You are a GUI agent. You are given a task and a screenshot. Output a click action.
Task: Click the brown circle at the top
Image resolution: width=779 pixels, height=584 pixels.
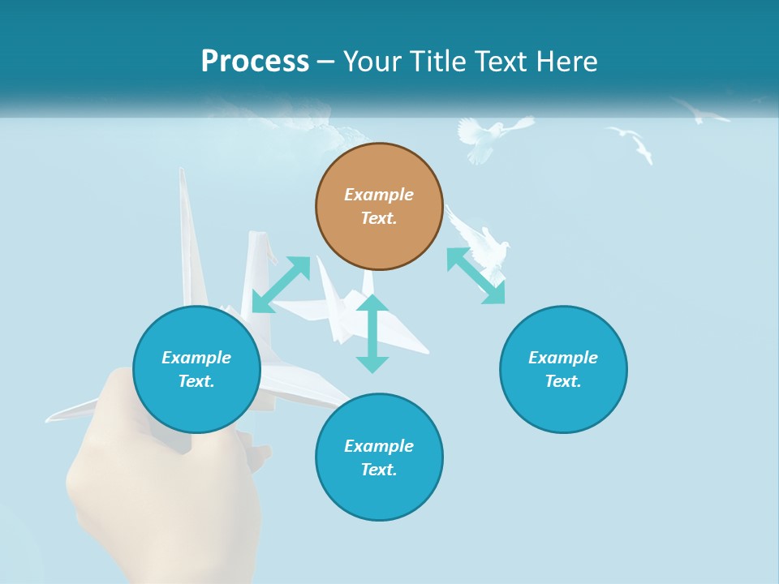click(x=379, y=207)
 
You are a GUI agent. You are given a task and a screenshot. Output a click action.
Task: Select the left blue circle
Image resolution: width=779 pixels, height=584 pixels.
click(x=196, y=369)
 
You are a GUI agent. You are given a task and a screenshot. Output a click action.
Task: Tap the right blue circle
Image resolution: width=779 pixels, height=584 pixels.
click(x=563, y=369)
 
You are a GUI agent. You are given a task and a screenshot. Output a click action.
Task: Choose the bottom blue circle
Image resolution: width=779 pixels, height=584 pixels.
click(x=379, y=457)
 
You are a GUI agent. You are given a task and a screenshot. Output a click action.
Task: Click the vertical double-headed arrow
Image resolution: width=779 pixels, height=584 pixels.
click(x=372, y=333)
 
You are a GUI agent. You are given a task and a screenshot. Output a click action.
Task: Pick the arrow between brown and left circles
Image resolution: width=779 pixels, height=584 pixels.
click(x=281, y=285)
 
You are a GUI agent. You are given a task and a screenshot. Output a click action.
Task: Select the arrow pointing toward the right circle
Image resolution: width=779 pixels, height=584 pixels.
click(x=476, y=276)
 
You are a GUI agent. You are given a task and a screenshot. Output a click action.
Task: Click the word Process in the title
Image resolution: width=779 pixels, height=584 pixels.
click(x=255, y=62)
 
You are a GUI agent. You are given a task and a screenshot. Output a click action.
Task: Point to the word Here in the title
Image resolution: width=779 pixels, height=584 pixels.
click(x=567, y=62)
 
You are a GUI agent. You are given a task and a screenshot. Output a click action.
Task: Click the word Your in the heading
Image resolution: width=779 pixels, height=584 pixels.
click(x=372, y=62)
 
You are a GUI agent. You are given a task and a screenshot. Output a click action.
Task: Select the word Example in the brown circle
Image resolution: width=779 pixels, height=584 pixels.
click(x=379, y=195)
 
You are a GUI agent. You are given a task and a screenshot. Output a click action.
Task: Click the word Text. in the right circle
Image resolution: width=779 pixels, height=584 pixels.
click(x=563, y=381)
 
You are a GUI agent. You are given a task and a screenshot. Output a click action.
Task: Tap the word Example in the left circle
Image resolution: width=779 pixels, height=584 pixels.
click(x=196, y=358)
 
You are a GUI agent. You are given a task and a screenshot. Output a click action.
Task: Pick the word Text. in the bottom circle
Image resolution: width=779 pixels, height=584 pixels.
click(x=379, y=470)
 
